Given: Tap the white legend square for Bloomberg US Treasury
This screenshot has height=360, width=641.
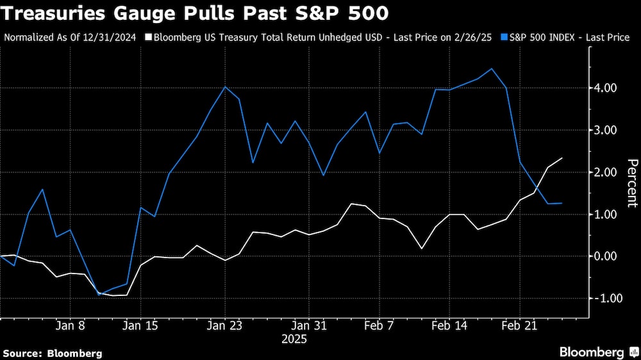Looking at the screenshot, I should coord(149,38).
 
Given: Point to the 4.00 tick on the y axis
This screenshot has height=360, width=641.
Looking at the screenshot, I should coord(606,88).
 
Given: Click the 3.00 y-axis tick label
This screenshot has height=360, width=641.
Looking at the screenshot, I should coord(606,130).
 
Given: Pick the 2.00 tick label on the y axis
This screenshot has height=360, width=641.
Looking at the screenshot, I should coord(606,172).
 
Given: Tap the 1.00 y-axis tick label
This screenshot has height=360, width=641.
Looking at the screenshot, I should coord(606,214).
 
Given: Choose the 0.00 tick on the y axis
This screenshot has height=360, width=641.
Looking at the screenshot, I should coord(606,256).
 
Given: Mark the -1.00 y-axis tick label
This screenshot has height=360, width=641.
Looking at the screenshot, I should coord(604,299).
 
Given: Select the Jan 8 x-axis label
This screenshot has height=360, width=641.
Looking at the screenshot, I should coord(71,325).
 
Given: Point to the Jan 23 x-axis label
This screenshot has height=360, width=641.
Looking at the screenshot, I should coord(225,325).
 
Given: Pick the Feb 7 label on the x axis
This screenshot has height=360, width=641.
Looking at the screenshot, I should coord(379,325).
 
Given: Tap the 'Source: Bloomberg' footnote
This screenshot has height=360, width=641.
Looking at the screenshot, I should coord(53,353).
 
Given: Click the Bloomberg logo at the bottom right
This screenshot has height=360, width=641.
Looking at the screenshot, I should coord(597,352).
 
